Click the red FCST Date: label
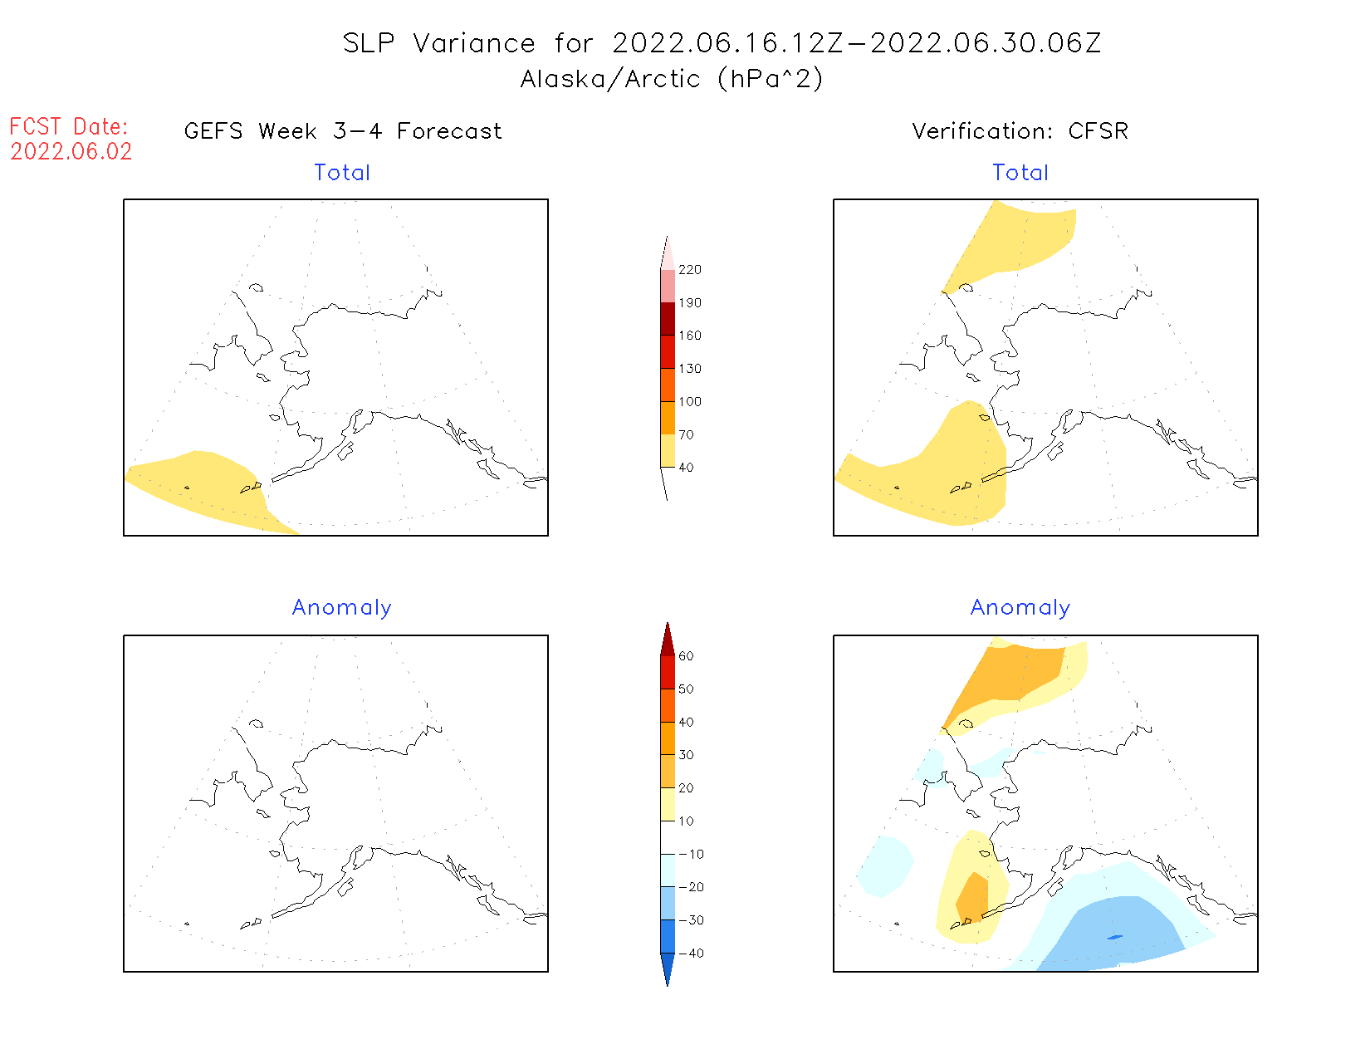tap(69, 127)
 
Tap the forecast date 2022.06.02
tap(71, 152)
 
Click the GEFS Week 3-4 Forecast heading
tap(343, 131)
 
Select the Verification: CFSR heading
tap(1020, 131)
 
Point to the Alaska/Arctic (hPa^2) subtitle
tap(672, 79)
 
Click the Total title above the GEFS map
tap(342, 173)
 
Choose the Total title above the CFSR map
tap(1020, 173)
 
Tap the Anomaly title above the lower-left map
tap(342, 608)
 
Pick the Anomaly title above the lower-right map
tap(1020, 608)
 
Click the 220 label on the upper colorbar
tap(689, 270)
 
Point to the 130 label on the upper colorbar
tap(689, 369)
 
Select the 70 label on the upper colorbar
tap(686, 434)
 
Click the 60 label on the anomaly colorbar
tap(686, 656)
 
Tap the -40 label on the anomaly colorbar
tap(691, 954)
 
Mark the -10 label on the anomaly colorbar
tap(691, 855)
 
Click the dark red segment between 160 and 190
tap(668, 319)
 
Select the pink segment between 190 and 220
tap(668, 286)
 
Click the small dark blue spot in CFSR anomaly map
tap(1114, 938)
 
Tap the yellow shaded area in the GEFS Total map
tap(203, 486)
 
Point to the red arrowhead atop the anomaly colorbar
tap(668, 640)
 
